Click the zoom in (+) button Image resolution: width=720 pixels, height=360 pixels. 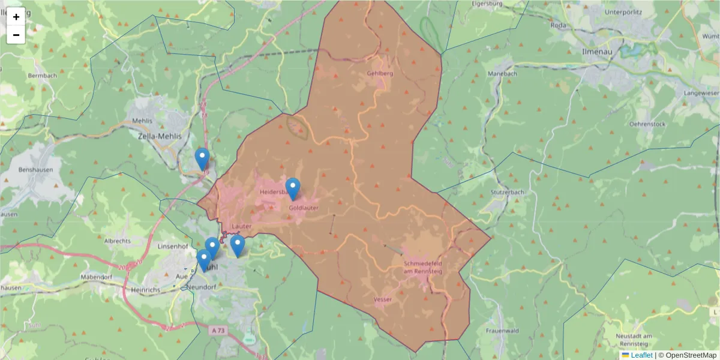coord(16,17)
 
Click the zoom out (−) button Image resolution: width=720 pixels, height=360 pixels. coord(16,35)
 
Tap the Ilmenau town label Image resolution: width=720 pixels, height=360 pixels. coord(597,52)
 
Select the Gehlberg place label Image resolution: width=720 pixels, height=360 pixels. coord(379,73)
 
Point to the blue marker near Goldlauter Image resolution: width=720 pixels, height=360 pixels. coord(293,188)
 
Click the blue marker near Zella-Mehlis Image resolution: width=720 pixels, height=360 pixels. coord(202,159)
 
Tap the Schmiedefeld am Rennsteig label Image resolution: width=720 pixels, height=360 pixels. coord(423,267)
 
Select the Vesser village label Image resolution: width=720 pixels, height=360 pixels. coord(382,298)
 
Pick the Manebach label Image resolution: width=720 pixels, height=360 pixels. coord(502,73)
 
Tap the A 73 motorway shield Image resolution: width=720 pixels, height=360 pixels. coord(219,331)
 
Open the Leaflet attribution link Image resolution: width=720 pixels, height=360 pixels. coord(641,355)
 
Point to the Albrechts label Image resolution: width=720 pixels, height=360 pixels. coord(118,240)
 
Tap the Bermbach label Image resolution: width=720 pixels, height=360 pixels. coord(42,76)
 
